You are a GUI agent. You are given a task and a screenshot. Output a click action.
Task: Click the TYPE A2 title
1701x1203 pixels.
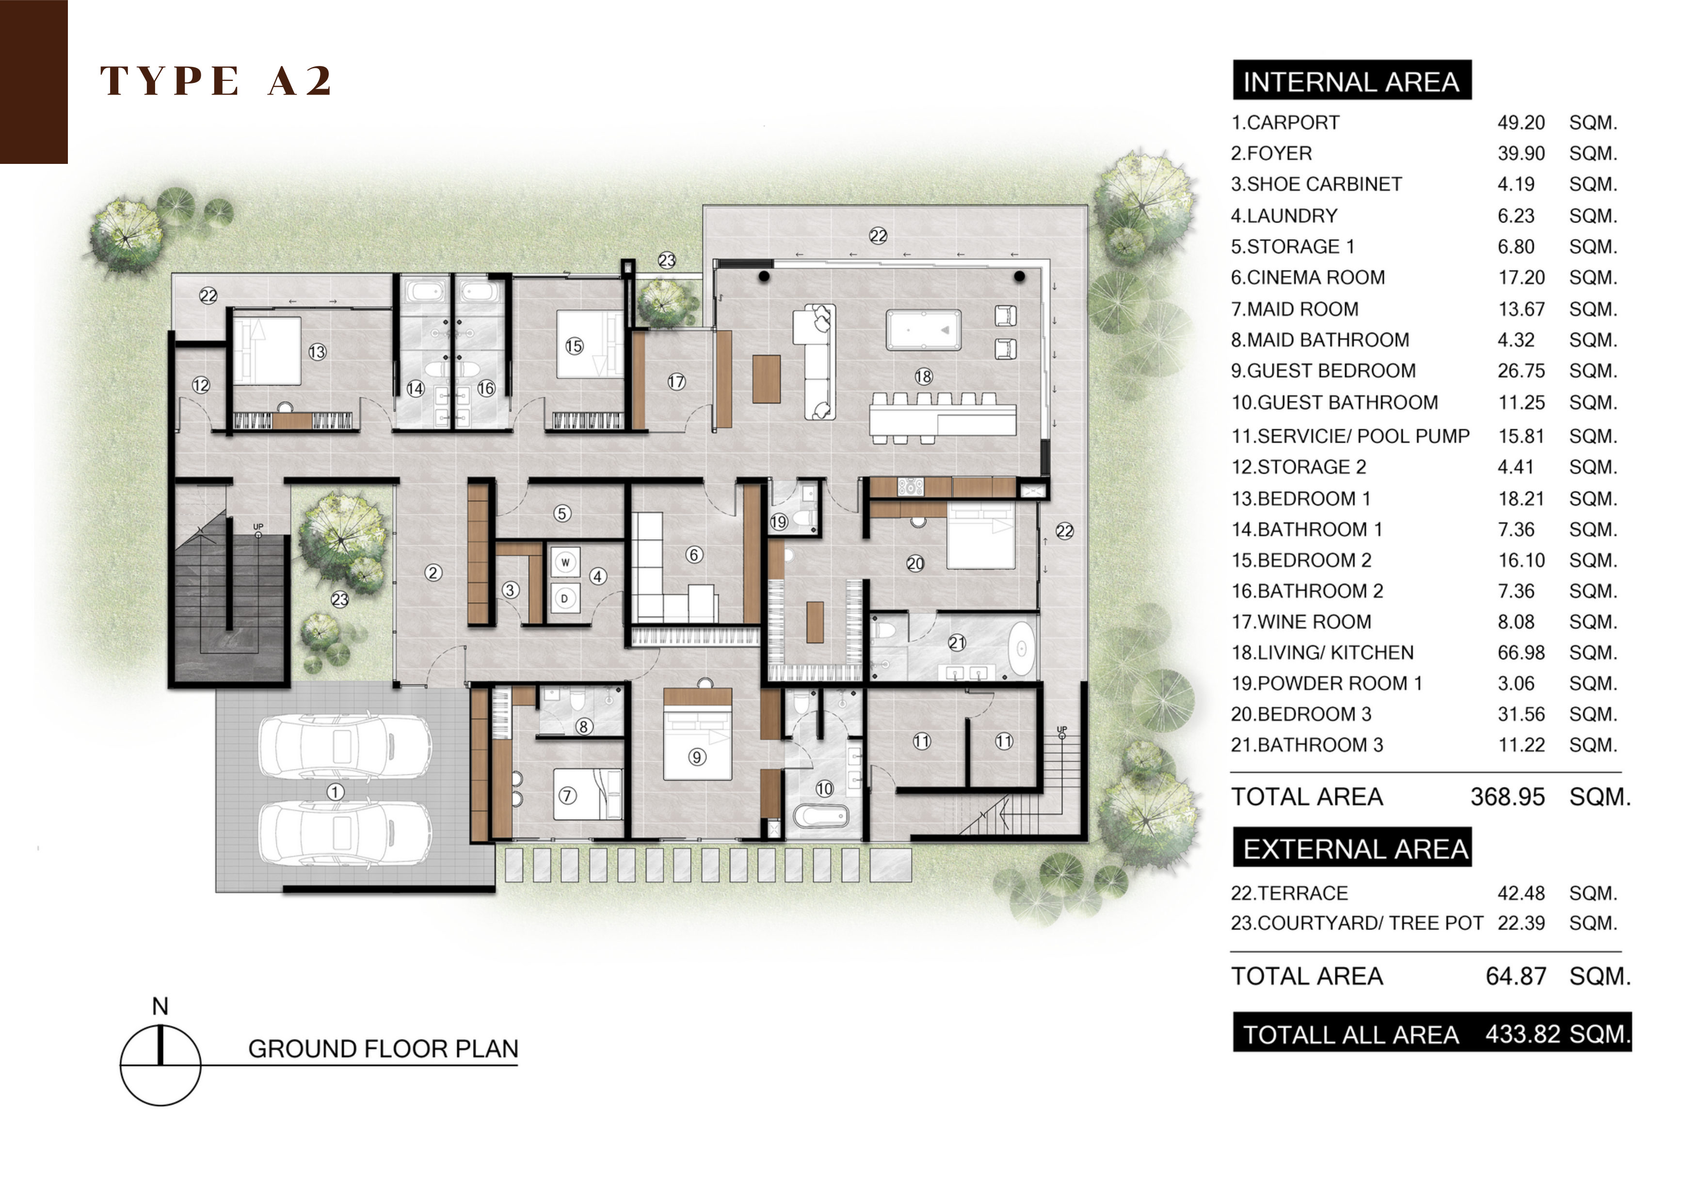(x=216, y=81)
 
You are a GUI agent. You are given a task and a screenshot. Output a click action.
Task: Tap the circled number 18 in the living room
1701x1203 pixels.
(x=923, y=376)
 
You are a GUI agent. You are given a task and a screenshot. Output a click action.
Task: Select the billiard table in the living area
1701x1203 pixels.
(x=924, y=330)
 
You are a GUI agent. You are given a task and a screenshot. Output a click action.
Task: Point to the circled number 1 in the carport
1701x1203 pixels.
(x=335, y=793)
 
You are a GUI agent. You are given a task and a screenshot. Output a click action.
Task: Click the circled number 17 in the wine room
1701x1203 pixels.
(x=676, y=382)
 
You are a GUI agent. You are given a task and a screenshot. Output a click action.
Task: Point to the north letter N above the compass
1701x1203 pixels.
(x=160, y=1007)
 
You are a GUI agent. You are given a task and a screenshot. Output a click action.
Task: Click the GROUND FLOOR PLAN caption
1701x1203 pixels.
(x=383, y=1049)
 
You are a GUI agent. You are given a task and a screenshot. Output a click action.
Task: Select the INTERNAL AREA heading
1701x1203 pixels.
(x=1351, y=81)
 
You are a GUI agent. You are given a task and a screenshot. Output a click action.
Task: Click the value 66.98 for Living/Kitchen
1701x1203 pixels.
(x=1521, y=653)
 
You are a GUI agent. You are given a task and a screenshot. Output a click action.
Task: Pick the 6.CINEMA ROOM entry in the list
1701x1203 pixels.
(x=1308, y=278)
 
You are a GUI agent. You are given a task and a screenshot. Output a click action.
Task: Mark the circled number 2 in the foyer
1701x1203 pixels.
(x=433, y=573)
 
